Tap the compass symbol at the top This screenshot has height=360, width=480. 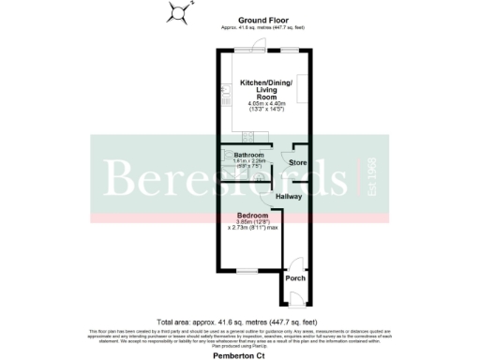coord(177,11)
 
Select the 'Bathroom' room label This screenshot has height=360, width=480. coord(248,154)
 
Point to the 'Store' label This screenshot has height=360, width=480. coord(298,162)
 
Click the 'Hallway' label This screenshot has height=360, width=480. coord(288,196)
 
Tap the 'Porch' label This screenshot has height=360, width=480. coord(295,278)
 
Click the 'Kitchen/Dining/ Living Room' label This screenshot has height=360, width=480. coord(267,89)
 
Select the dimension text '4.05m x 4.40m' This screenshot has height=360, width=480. coord(267,102)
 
